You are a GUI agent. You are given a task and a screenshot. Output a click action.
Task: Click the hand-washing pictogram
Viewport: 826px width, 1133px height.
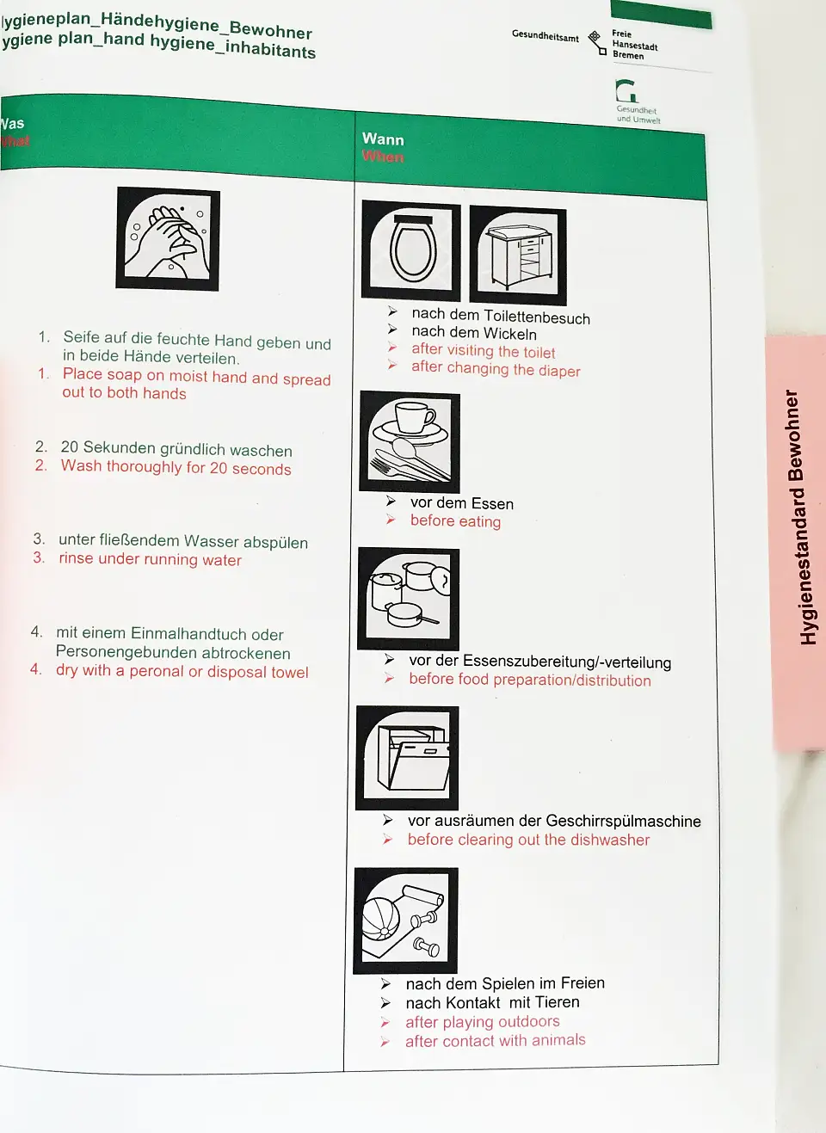tap(168, 239)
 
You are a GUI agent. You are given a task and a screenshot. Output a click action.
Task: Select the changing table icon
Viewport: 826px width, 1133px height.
tap(518, 256)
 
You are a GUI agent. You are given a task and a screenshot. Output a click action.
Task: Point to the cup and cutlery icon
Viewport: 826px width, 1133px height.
tap(410, 442)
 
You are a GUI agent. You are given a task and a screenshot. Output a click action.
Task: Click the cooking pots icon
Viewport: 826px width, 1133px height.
tap(409, 598)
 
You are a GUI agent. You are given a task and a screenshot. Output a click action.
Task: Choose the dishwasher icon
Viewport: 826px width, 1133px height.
tap(407, 758)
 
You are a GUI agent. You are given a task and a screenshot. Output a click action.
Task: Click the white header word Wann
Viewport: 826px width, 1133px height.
tap(383, 139)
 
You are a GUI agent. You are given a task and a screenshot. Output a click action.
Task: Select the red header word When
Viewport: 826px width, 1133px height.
tap(383, 157)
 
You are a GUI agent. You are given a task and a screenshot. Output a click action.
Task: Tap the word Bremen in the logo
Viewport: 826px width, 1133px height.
tap(628, 56)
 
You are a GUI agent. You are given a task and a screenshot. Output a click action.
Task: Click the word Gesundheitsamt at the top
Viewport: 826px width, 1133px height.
tap(545, 36)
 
